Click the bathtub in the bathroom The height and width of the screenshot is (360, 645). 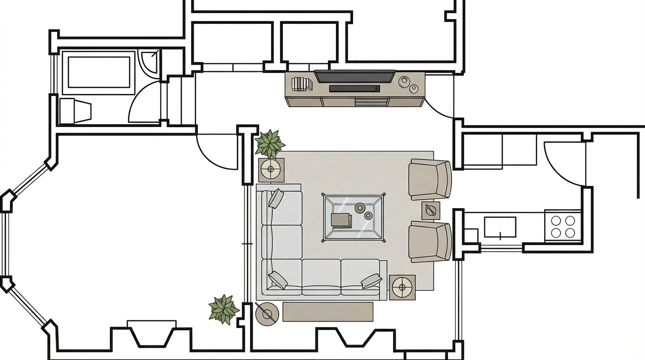[99, 72]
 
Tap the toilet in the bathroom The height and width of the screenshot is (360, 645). [75, 111]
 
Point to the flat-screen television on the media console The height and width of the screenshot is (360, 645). [354, 76]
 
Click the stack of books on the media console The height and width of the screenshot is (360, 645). [301, 84]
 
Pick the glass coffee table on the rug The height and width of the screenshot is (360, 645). [353, 217]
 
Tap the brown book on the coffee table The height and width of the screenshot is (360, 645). [341, 220]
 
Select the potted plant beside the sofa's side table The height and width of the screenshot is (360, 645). [270, 143]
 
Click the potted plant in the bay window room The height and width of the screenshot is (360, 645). [224, 309]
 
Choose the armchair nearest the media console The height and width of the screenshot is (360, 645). [429, 179]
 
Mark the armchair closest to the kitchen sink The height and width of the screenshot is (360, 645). [430, 241]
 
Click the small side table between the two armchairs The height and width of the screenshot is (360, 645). [430, 210]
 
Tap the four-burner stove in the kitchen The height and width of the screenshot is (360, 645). [563, 226]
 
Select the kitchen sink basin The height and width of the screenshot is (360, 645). [500, 227]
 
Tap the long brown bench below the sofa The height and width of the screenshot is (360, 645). [328, 312]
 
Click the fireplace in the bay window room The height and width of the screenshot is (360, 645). [152, 334]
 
